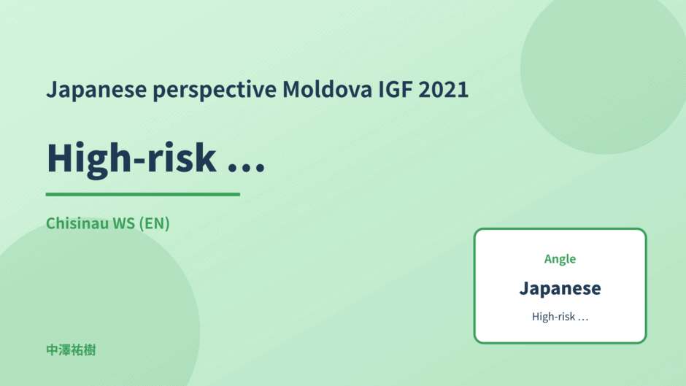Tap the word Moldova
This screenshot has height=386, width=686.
(327, 89)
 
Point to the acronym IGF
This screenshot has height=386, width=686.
(396, 89)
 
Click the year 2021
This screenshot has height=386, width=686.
(444, 89)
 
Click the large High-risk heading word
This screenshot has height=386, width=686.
(131, 159)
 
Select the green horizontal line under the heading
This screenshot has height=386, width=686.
(142, 194)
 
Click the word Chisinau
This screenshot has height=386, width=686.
(77, 223)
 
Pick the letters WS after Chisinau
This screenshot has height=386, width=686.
(124, 223)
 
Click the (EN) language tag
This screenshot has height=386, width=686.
(154, 223)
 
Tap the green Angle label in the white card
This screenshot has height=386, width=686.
(560, 259)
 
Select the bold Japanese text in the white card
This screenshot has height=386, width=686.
(560, 289)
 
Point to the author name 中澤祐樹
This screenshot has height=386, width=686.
(71, 350)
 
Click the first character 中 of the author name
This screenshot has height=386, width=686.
(52, 350)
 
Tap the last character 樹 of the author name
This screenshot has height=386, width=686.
(90, 350)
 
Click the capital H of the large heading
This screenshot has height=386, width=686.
(61, 158)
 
